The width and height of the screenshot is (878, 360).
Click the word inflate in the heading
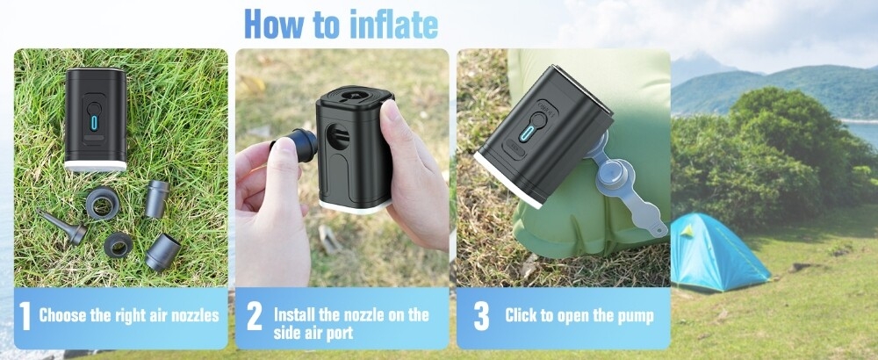393,25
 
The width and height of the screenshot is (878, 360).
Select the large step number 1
25,317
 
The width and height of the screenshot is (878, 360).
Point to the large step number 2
254,317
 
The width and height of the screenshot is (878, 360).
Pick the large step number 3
481,317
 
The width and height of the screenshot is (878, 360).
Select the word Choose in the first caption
62,316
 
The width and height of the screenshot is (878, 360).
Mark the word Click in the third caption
522,316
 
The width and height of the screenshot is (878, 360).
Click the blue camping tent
718,253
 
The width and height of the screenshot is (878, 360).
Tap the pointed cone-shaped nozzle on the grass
61,227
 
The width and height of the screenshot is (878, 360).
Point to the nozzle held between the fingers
298,145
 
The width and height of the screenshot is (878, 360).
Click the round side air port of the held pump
338,137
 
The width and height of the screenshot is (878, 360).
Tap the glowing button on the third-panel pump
526,133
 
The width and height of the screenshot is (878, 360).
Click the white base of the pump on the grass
95,166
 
